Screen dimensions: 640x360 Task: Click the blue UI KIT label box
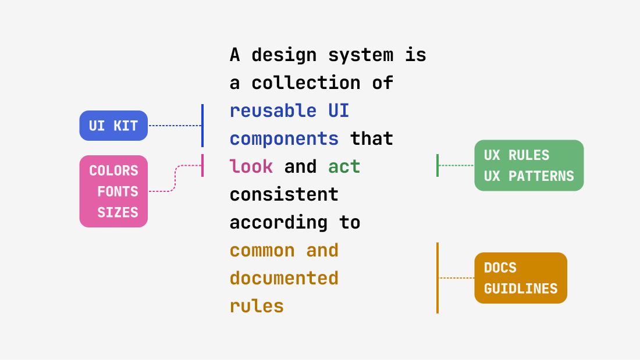(113, 126)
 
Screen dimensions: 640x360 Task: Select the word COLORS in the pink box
(113, 170)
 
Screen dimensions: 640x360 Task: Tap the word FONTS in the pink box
(118, 191)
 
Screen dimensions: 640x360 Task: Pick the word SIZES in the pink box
(118, 212)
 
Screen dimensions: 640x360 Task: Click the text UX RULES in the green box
(517, 155)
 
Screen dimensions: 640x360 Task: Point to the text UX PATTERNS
(529, 176)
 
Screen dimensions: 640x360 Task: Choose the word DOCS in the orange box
(500, 268)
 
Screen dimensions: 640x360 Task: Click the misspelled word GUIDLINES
(521, 288)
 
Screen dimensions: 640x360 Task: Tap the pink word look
(251, 167)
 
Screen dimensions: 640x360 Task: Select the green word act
(344, 167)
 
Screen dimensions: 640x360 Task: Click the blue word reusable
(273, 111)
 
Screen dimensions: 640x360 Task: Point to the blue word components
(284, 138)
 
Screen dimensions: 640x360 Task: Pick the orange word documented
(284, 278)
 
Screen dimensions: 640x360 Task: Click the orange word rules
(257, 306)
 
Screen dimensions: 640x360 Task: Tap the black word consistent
(284, 194)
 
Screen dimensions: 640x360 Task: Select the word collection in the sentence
(305, 83)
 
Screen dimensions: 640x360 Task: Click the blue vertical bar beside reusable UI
(202, 126)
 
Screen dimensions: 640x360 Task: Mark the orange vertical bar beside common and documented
(438, 278)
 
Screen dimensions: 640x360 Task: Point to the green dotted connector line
(456, 165)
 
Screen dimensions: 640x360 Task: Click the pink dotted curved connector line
(175, 177)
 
